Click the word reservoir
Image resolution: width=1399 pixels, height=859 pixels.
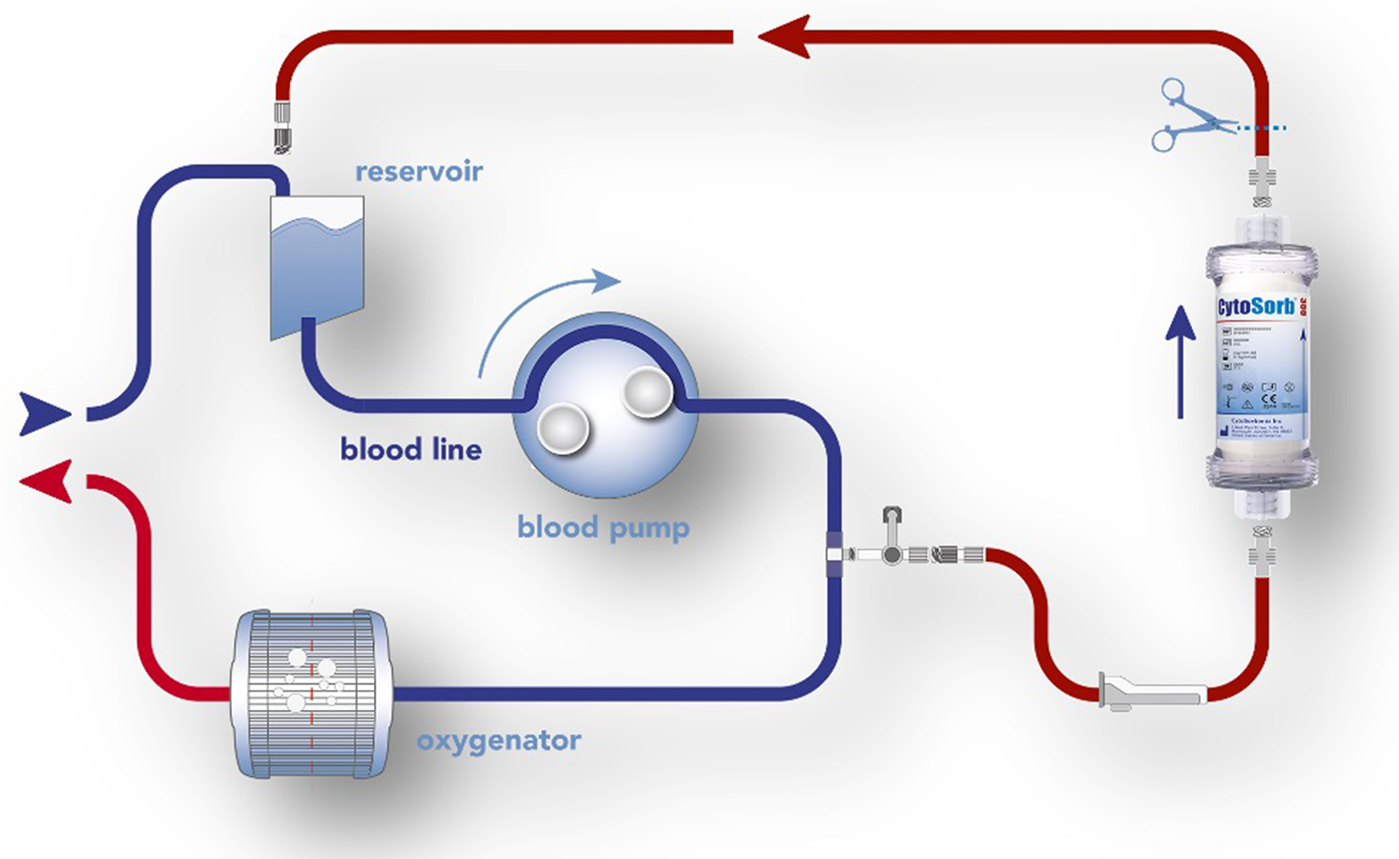(419, 171)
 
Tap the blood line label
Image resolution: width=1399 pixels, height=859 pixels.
(411, 449)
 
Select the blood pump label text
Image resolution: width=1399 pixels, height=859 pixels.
(603, 527)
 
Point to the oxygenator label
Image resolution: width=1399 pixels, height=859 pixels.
(499, 741)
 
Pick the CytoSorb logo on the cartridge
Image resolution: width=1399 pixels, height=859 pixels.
(1256, 306)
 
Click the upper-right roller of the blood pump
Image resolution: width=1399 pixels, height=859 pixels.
(647, 392)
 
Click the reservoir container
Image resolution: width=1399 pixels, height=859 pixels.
(317, 264)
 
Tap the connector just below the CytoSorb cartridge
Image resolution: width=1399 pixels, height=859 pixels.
(1261, 549)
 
